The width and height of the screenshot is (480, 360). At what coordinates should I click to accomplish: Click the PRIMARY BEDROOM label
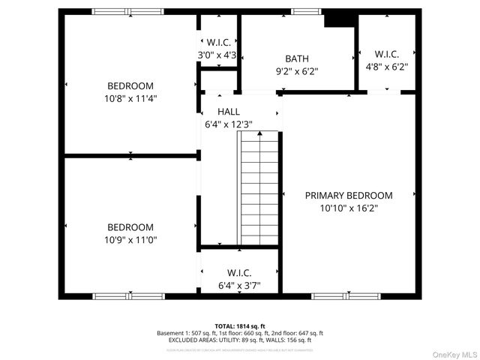tap(348, 195)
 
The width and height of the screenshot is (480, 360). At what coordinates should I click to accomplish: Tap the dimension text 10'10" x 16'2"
tap(348, 208)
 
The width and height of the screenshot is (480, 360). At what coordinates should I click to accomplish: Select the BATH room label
tap(296, 58)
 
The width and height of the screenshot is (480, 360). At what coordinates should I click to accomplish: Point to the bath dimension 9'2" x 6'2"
tap(296, 71)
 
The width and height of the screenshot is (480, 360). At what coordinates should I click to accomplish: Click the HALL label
tap(229, 112)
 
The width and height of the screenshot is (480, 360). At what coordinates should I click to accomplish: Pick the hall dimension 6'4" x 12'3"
tap(229, 124)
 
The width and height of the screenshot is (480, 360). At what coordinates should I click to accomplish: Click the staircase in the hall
tap(259, 187)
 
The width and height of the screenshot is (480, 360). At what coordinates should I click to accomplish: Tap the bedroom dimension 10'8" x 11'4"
tap(130, 97)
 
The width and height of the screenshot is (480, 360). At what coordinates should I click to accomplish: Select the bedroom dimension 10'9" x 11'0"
tap(130, 240)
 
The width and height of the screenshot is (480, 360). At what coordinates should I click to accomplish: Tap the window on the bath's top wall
tap(302, 11)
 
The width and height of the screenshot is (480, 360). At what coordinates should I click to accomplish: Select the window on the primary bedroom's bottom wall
tap(341, 296)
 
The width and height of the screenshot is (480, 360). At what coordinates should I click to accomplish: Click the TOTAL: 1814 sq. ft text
tap(239, 325)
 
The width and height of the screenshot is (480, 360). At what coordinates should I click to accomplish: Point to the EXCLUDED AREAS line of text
tap(239, 340)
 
